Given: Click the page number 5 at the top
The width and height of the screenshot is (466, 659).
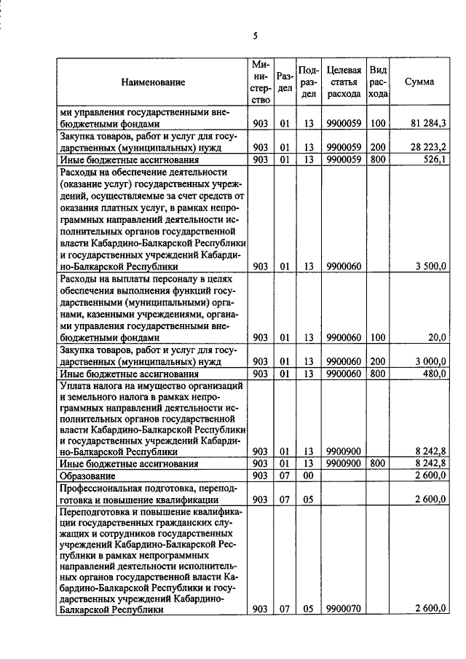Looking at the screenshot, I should (256, 36).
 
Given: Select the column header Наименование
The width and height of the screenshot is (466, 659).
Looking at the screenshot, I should (153, 82).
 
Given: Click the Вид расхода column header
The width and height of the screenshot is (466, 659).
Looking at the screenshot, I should (378, 82).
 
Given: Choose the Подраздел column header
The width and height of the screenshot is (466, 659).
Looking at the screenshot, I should (309, 82).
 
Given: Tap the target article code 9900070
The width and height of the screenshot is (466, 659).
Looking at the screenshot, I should (343, 609).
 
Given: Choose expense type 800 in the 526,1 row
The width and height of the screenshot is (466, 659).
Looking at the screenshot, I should (377, 159).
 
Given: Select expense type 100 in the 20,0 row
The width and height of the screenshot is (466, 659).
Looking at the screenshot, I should (377, 338).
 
